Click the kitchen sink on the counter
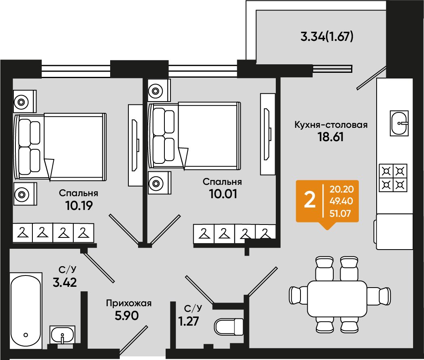[x=399, y=123]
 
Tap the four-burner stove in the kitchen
[x=393, y=178]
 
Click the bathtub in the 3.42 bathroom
[x=26, y=311]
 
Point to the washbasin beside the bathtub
[x=62, y=335]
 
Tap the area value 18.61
[x=330, y=137]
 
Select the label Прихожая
[x=129, y=303]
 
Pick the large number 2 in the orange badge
[x=310, y=200]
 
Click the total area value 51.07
[x=340, y=214]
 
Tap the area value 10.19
[x=79, y=205]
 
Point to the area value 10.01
[x=223, y=194]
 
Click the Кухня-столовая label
[x=331, y=125]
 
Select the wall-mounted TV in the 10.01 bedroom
[x=268, y=134]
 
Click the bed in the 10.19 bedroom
[x=60, y=147]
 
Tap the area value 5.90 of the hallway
[x=127, y=316]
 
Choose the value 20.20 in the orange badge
[x=341, y=189]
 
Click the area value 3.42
[x=65, y=282]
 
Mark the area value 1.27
[x=188, y=321]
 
